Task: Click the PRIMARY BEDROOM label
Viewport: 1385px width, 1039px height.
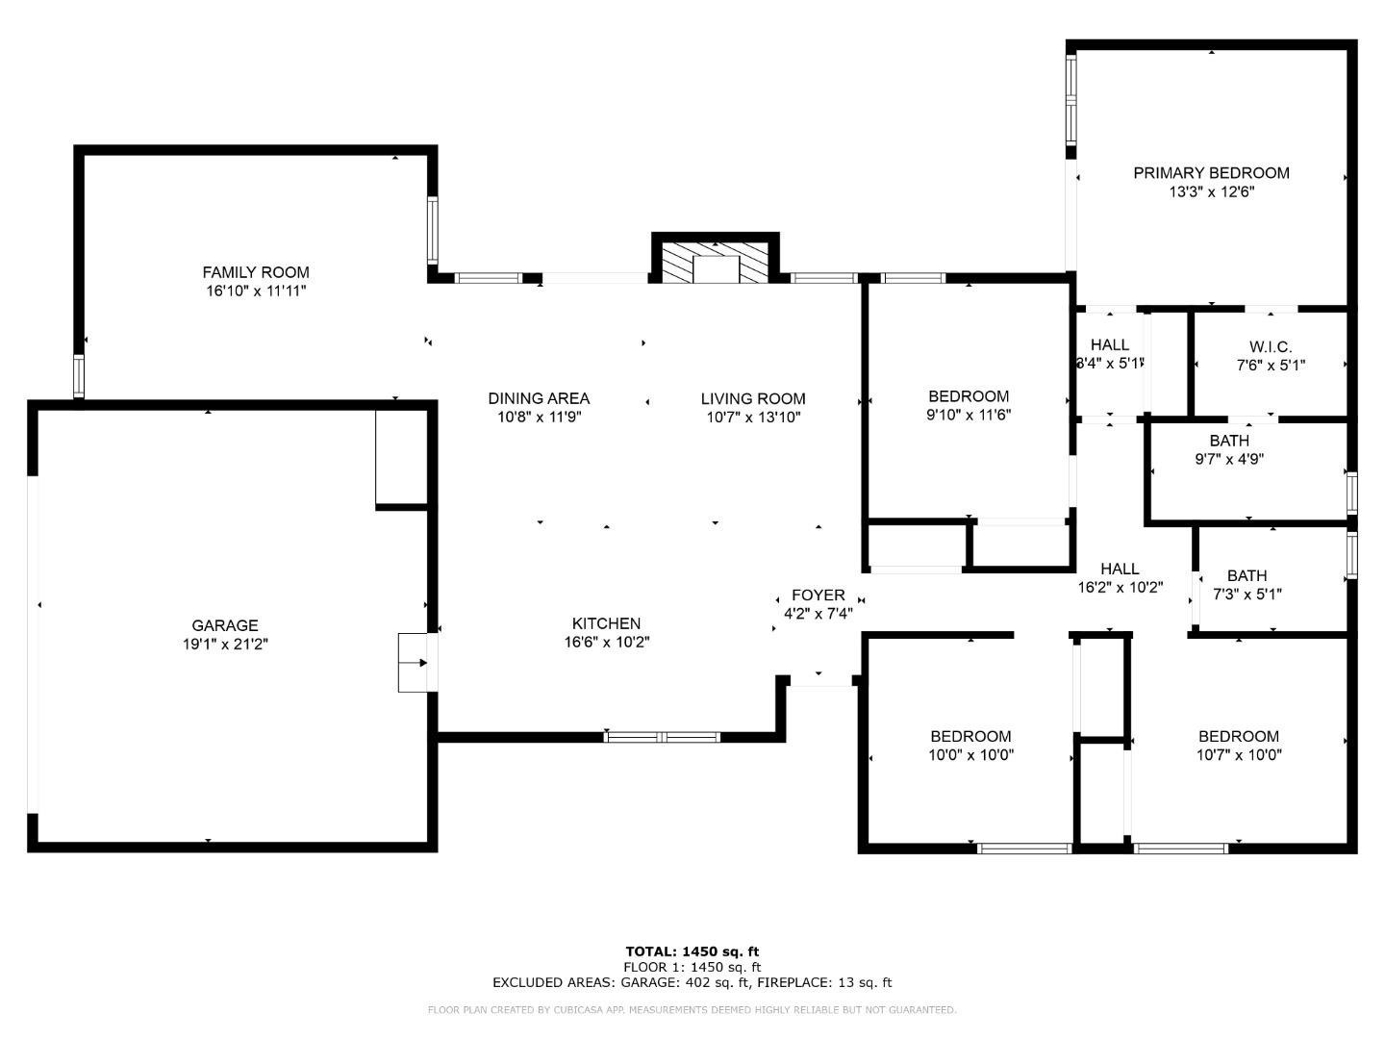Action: tap(1211, 173)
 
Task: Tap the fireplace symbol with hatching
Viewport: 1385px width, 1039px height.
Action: tap(715, 262)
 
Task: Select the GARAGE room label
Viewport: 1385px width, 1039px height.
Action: tap(225, 625)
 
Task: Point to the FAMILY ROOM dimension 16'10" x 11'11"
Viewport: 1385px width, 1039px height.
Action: tap(256, 291)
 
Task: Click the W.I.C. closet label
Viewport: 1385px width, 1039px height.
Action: tap(1271, 346)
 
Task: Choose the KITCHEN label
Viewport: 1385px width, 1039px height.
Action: tap(606, 623)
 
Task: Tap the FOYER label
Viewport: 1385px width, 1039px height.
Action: tap(818, 596)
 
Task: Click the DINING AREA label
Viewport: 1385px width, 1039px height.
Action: tap(539, 398)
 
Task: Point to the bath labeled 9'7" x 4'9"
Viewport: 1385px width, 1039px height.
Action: tap(1229, 450)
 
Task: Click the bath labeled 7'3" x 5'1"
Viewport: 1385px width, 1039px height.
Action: tap(1246, 585)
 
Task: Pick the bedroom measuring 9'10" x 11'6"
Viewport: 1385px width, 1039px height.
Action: tap(969, 405)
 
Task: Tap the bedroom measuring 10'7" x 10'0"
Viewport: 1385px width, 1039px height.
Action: tap(1239, 746)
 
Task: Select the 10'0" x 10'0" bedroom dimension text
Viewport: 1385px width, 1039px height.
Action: tap(970, 755)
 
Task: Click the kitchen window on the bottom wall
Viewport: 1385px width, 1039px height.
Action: tap(662, 737)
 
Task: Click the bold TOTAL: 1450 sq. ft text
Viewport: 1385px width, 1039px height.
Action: tap(692, 951)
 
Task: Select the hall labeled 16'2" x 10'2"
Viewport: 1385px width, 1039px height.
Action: tap(1120, 577)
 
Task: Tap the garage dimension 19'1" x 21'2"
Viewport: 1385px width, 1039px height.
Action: tap(225, 645)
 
